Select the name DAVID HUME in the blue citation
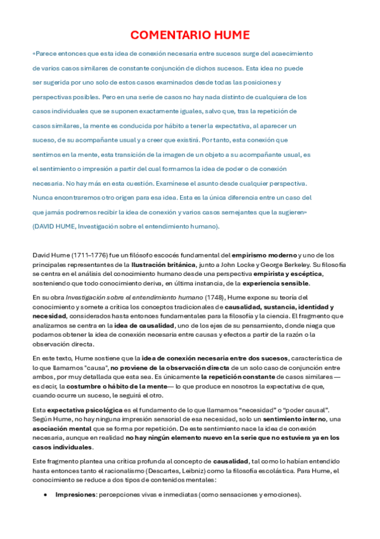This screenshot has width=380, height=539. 51,226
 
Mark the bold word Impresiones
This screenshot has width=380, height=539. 74,495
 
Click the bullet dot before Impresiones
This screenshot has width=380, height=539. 45,495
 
